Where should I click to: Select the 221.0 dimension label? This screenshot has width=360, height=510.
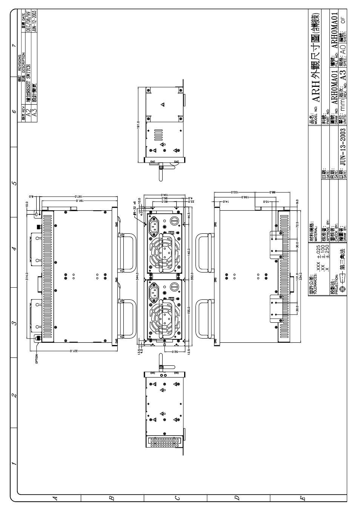(75, 351)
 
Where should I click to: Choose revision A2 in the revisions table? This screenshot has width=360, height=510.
(28, 112)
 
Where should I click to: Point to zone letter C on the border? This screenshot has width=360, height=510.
(177, 498)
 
